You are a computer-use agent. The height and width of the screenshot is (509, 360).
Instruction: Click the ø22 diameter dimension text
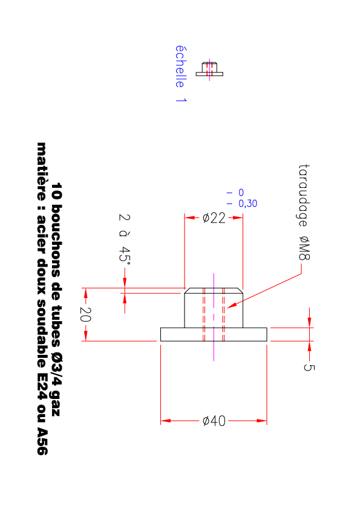tap(214, 218)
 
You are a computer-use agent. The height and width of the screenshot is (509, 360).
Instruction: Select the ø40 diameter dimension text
tap(214, 421)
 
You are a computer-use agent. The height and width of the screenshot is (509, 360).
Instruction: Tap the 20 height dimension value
tap(85, 314)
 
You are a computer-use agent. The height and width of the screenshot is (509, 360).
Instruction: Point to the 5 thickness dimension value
tap(309, 367)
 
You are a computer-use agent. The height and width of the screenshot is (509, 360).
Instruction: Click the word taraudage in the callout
tap(304, 196)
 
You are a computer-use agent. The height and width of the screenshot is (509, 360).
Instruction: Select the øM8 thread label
tap(304, 248)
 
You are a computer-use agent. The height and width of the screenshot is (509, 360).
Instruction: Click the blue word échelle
tap(181, 66)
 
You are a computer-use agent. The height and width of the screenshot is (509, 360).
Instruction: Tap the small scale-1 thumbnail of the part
tap(209, 70)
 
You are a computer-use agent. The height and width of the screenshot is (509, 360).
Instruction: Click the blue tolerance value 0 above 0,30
tap(241, 192)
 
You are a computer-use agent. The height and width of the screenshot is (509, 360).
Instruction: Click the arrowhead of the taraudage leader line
tap(230, 306)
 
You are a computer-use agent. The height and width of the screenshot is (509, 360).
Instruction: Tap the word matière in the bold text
tap(42, 172)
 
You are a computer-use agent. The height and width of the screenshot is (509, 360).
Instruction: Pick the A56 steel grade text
tap(42, 441)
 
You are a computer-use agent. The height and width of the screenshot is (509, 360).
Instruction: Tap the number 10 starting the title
tap(56, 191)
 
